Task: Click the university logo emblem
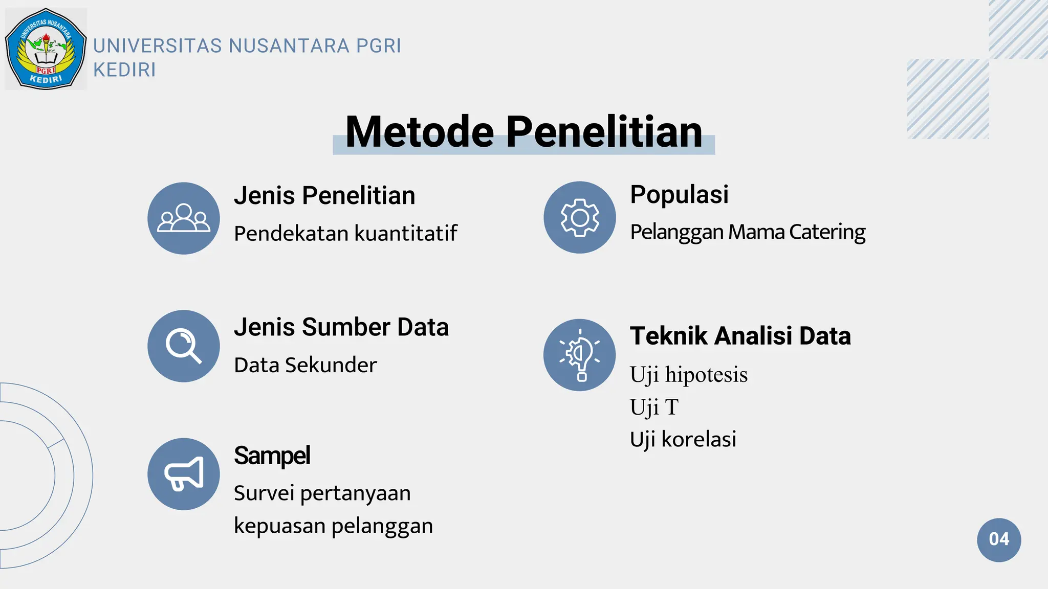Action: point(46,49)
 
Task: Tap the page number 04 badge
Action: point(998,539)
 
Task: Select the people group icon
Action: point(184,218)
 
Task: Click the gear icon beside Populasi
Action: point(579,217)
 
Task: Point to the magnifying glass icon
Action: point(184,346)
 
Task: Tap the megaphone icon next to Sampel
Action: point(184,474)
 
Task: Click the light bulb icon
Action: point(579,355)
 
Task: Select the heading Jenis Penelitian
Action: point(324,196)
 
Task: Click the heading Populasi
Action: point(679,195)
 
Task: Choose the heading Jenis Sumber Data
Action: point(341,327)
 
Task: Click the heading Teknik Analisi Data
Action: point(740,336)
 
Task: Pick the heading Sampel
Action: point(272,456)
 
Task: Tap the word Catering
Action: point(827,232)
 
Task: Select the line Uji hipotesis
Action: point(688,375)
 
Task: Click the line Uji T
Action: point(654,407)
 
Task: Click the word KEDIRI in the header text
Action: point(124,70)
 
